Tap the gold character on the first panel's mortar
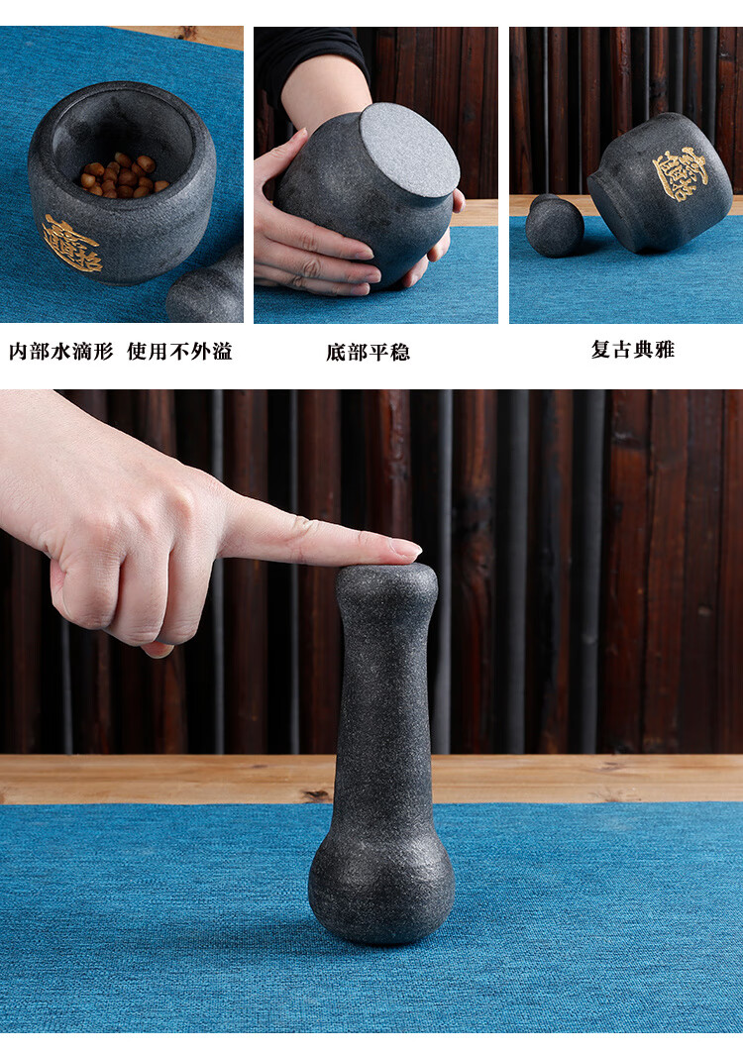click(x=72, y=244)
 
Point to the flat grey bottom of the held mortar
click(x=409, y=152)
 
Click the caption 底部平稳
click(x=368, y=353)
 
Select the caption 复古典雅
click(x=633, y=350)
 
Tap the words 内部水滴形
click(x=61, y=351)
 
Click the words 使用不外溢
click(x=179, y=351)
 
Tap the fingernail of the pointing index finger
click(x=407, y=549)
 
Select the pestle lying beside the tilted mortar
click(x=555, y=225)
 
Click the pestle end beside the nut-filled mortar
click(x=206, y=287)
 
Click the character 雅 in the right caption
click(x=665, y=350)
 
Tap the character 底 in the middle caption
click(x=336, y=353)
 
